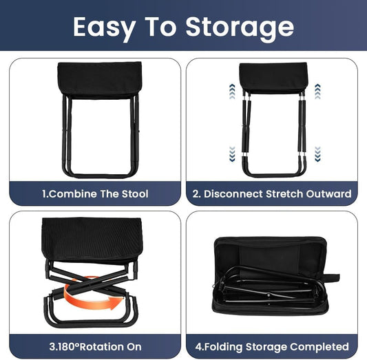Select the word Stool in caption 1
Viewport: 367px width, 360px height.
tap(133, 193)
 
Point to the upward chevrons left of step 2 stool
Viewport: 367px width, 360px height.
tap(232, 91)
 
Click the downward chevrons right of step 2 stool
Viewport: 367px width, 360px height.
tap(317, 152)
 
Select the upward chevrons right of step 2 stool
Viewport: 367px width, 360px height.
tap(317, 91)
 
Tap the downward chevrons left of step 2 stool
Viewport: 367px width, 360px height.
tap(232, 152)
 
